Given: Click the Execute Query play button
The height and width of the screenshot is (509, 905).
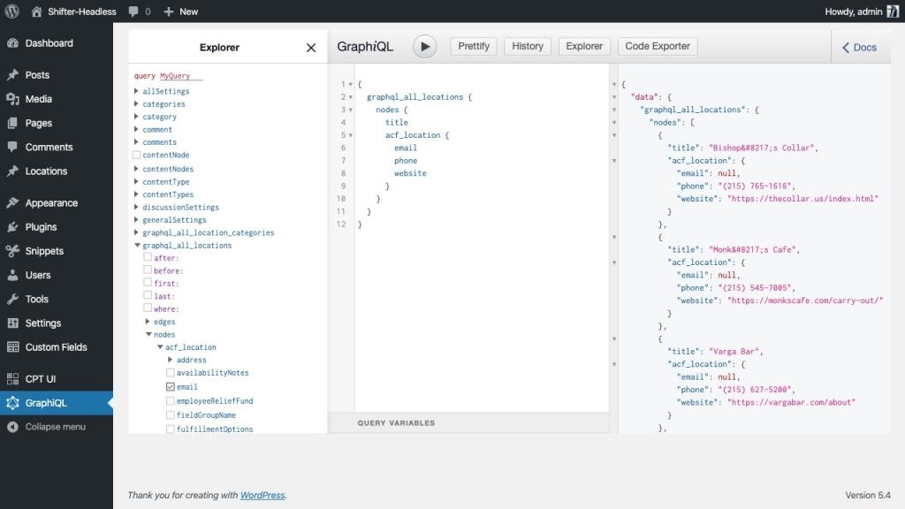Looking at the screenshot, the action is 425,47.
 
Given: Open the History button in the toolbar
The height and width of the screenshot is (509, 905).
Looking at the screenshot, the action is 528,46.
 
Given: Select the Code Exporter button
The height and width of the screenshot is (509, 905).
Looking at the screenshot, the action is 658,46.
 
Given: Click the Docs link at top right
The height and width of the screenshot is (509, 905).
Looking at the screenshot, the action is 859,48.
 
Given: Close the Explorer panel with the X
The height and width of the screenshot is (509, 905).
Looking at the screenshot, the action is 311,48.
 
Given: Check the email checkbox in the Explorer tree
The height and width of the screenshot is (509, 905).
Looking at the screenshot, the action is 171,387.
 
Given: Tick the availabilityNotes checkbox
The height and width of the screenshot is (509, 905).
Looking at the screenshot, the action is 171,373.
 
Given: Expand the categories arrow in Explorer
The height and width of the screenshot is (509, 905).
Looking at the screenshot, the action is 136,104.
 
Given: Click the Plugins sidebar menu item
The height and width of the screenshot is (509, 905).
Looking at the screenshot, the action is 41,227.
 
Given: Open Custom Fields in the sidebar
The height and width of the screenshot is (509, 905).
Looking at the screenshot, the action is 56,346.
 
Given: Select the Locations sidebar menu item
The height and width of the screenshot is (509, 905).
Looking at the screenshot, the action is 46,171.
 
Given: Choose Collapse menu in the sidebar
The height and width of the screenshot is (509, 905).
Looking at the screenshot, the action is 56,427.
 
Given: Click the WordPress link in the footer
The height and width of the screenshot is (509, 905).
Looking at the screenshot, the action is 262,495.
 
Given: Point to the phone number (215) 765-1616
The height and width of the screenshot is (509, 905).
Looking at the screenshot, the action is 757,186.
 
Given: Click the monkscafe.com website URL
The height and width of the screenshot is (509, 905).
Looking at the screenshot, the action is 805,300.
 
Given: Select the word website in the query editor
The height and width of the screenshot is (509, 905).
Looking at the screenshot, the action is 410,173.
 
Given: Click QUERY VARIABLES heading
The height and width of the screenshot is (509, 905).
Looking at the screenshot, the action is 396,423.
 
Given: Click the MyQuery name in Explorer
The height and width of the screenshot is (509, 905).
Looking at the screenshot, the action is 175,76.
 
